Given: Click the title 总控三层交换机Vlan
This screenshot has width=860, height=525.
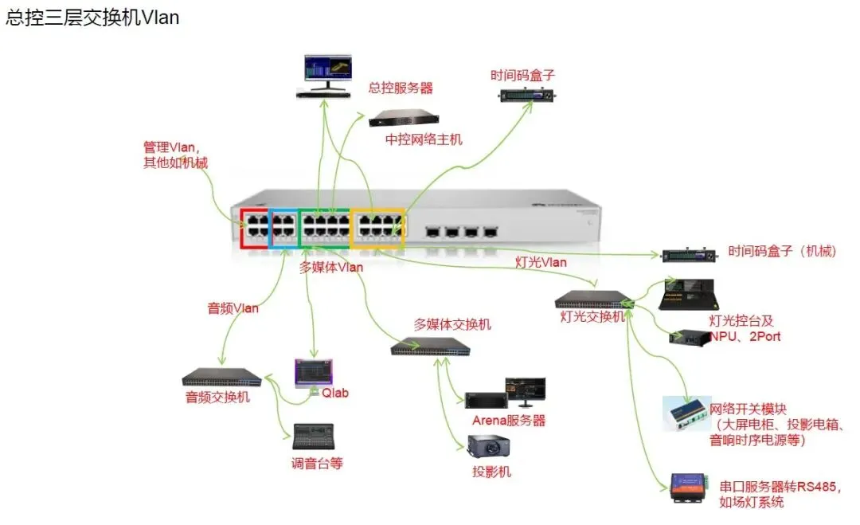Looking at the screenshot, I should (92, 18).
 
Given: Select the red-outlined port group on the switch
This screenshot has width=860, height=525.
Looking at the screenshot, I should (255, 228).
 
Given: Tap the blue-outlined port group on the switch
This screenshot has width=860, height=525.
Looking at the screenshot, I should (283, 228).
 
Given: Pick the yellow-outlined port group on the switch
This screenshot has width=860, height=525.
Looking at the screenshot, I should (378, 226).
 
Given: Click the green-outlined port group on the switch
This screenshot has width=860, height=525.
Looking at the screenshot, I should (324, 227).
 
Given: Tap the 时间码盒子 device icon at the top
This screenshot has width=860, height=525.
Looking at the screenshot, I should (526, 95).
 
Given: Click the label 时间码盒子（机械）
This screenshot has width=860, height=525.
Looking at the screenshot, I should (783, 252).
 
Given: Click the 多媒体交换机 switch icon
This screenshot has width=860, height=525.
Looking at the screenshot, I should (430, 347).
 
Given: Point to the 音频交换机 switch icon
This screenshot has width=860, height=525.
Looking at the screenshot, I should (221, 377).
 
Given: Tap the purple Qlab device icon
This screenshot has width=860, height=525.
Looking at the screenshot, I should (314, 372).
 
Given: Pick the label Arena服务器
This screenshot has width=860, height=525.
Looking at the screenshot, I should (509, 421).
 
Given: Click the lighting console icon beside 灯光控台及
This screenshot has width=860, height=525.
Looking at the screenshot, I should (690, 296).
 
